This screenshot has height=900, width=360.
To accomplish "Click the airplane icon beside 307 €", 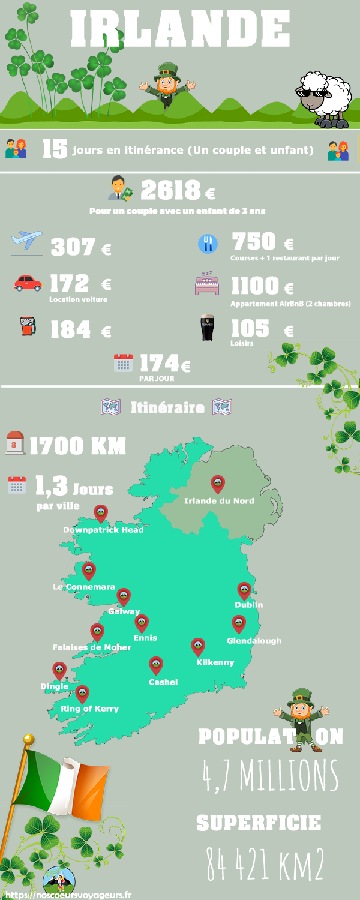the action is [x=27, y=242].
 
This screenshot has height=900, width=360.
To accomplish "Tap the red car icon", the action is [x=28, y=283].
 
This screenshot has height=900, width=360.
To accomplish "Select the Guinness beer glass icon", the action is [x=207, y=328].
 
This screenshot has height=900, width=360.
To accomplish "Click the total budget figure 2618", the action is [x=170, y=191].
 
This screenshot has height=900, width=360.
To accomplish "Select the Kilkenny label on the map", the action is [x=215, y=662].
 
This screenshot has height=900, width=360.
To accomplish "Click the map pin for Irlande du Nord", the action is [x=218, y=484].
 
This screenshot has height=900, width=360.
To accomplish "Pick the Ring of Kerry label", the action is [x=90, y=709].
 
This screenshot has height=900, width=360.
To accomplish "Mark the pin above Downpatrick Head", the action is [x=101, y=514].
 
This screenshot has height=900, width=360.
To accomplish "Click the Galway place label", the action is [x=124, y=611].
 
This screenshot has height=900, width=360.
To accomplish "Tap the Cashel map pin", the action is [x=156, y=665].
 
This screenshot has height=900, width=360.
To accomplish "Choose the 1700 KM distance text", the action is [x=77, y=446].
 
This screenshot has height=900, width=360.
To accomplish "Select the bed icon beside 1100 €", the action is [x=207, y=283].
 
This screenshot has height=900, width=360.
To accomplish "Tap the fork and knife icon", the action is [x=207, y=243].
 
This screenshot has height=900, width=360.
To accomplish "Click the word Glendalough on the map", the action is [x=254, y=641].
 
